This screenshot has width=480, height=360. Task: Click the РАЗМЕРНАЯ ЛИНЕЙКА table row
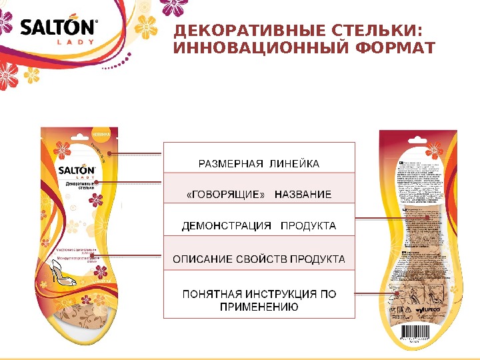pos(259,163)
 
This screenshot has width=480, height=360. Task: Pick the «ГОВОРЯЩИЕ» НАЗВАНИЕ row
pos(259,195)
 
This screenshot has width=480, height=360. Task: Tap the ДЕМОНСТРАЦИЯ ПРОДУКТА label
pos(259,226)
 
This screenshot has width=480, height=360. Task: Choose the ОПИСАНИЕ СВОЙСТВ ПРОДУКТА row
pos(259,258)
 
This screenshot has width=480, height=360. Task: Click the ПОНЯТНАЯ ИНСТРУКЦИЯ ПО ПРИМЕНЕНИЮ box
pos(259,300)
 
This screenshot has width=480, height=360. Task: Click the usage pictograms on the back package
pos(419,293)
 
